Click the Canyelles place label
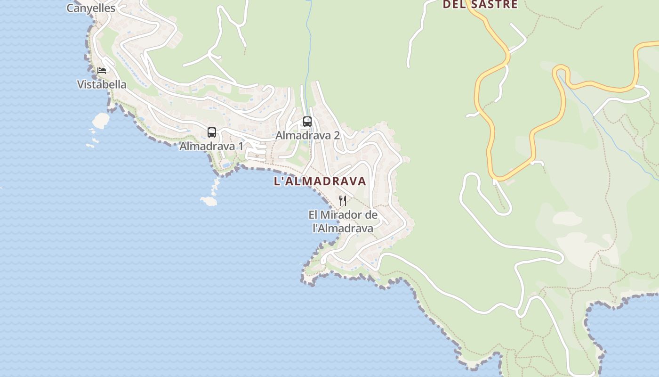click(91, 8)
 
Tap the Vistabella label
click(102, 84)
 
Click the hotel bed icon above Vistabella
click(102, 71)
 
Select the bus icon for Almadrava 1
click(212, 132)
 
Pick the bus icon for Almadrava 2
click(307, 122)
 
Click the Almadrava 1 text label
click(211, 146)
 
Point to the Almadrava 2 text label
click(307, 135)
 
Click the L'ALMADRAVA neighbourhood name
click(320, 181)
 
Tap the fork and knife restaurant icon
click(343, 201)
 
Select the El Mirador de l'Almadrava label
click(343, 221)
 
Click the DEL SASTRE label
click(480, 5)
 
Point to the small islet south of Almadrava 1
click(209, 201)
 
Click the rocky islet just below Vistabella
click(101, 121)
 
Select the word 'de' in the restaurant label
click(371, 215)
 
